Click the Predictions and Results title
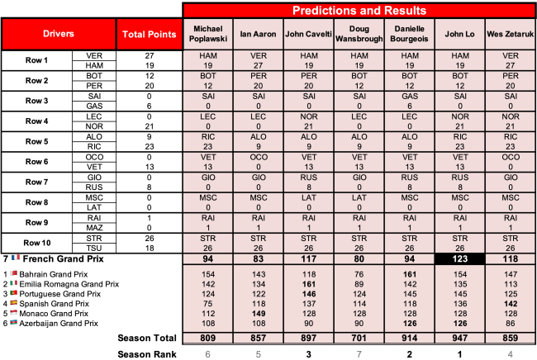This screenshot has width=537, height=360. (359, 11)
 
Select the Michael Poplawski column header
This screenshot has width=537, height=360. (207, 35)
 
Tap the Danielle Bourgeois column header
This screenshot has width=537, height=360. (409, 35)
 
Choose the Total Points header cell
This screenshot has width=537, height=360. (149, 35)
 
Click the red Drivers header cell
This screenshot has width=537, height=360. (59, 35)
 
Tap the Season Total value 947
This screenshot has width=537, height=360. (459, 339)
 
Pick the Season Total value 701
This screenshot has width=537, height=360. (359, 339)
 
